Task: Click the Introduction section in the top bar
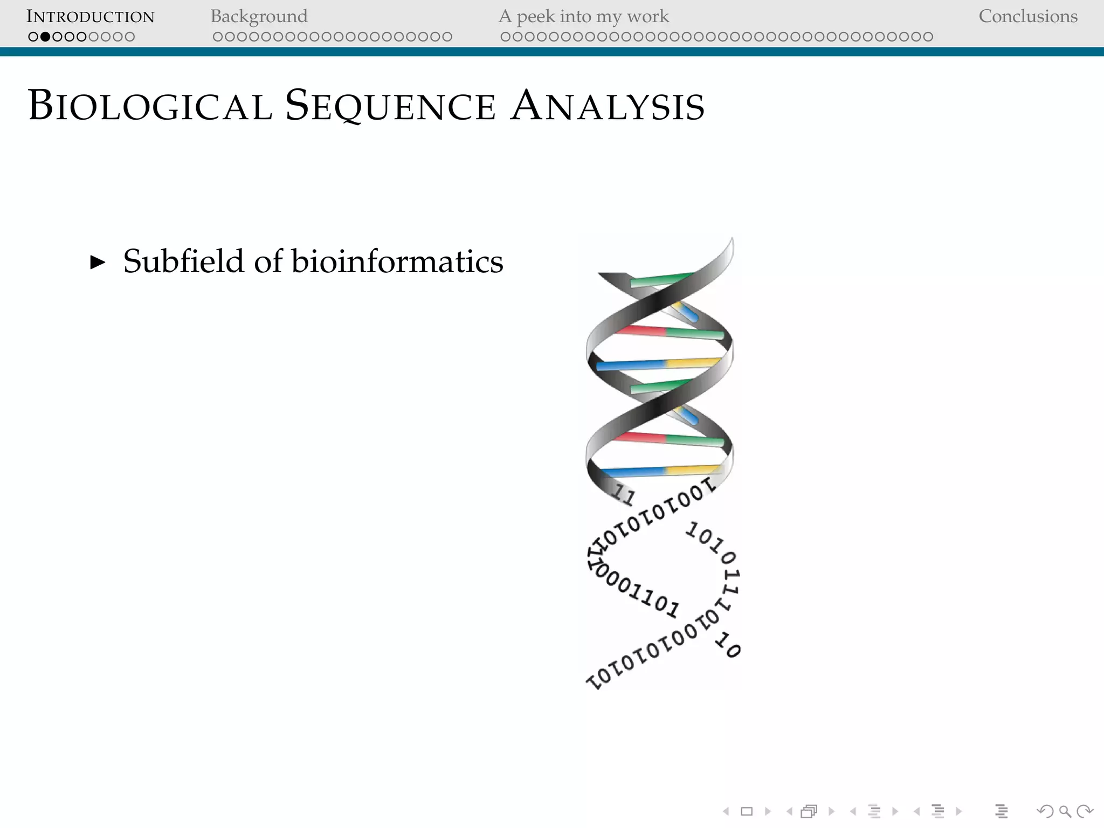click(91, 17)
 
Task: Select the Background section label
click(259, 17)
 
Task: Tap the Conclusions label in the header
click(1028, 17)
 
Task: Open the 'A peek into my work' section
click(583, 17)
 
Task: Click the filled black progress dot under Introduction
click(45, 37)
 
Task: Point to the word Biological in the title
click(150, 106)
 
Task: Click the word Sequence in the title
click(390, 106)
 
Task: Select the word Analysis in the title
click(608, 106)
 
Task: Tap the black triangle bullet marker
click(98, 263)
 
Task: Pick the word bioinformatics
click(397, 261)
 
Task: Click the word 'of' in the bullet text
click(268, 261)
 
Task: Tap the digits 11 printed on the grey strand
click(624, 494)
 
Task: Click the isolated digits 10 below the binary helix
click(728, 646)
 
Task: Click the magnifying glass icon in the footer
click(1065, 811)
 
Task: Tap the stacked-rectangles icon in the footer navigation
click(809, 811)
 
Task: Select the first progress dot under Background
click(218, 37)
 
